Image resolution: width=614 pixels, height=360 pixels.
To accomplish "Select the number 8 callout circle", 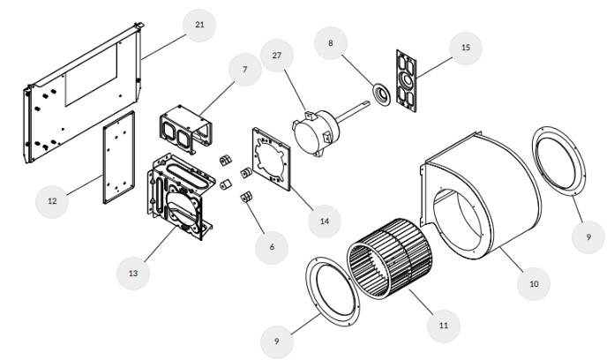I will (x=330, y=42).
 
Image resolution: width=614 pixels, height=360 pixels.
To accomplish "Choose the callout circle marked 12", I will (x=52, y=201).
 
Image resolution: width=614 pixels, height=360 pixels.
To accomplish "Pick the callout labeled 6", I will (x=272, y=246).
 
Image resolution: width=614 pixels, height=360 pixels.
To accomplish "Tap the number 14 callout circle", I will (x=326, y=221).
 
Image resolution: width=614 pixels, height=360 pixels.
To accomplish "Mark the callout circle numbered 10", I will (x=533, y=284).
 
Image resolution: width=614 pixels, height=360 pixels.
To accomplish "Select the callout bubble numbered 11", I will (x=443, y=325).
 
